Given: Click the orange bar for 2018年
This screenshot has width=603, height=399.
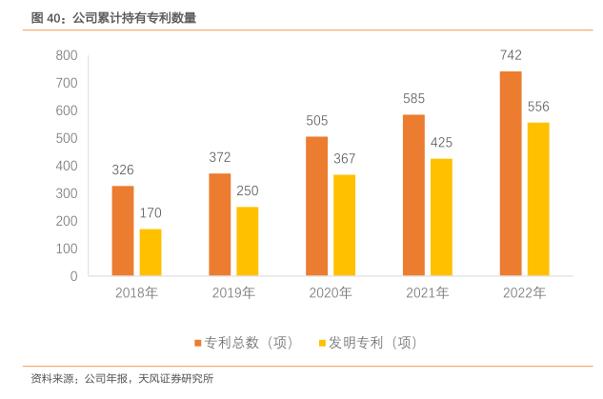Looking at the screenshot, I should click(x=123, y=230).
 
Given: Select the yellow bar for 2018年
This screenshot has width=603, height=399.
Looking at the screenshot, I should click(x=151, y=252).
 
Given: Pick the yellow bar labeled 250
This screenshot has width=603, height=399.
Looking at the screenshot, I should click(x=248, y=241).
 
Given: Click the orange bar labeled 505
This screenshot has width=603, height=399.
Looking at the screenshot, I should click(x=317, y=206).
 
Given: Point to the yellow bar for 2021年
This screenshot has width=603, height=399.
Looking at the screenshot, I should click(x=441, y=217).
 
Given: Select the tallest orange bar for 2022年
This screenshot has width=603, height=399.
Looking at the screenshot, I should click(x=511, y=173).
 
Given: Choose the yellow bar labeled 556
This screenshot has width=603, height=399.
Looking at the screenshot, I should click(x=538, y=199).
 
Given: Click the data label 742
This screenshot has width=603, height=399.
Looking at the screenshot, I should click(x=511, y=55).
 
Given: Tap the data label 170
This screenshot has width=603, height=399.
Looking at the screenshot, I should click(x=151, y=212).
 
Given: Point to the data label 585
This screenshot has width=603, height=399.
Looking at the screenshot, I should click(x=413, y=98).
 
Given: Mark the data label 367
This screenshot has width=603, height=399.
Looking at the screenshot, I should click(x=344, y=158).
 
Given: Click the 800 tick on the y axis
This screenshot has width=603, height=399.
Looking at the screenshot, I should click(x=66, y=56).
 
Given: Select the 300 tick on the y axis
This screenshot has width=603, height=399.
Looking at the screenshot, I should click(x=66, y=193).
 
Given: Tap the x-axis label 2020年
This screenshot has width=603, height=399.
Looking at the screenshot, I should click(x=331, y=293).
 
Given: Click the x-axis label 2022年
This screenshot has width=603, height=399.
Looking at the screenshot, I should click(x=525, y=293).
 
